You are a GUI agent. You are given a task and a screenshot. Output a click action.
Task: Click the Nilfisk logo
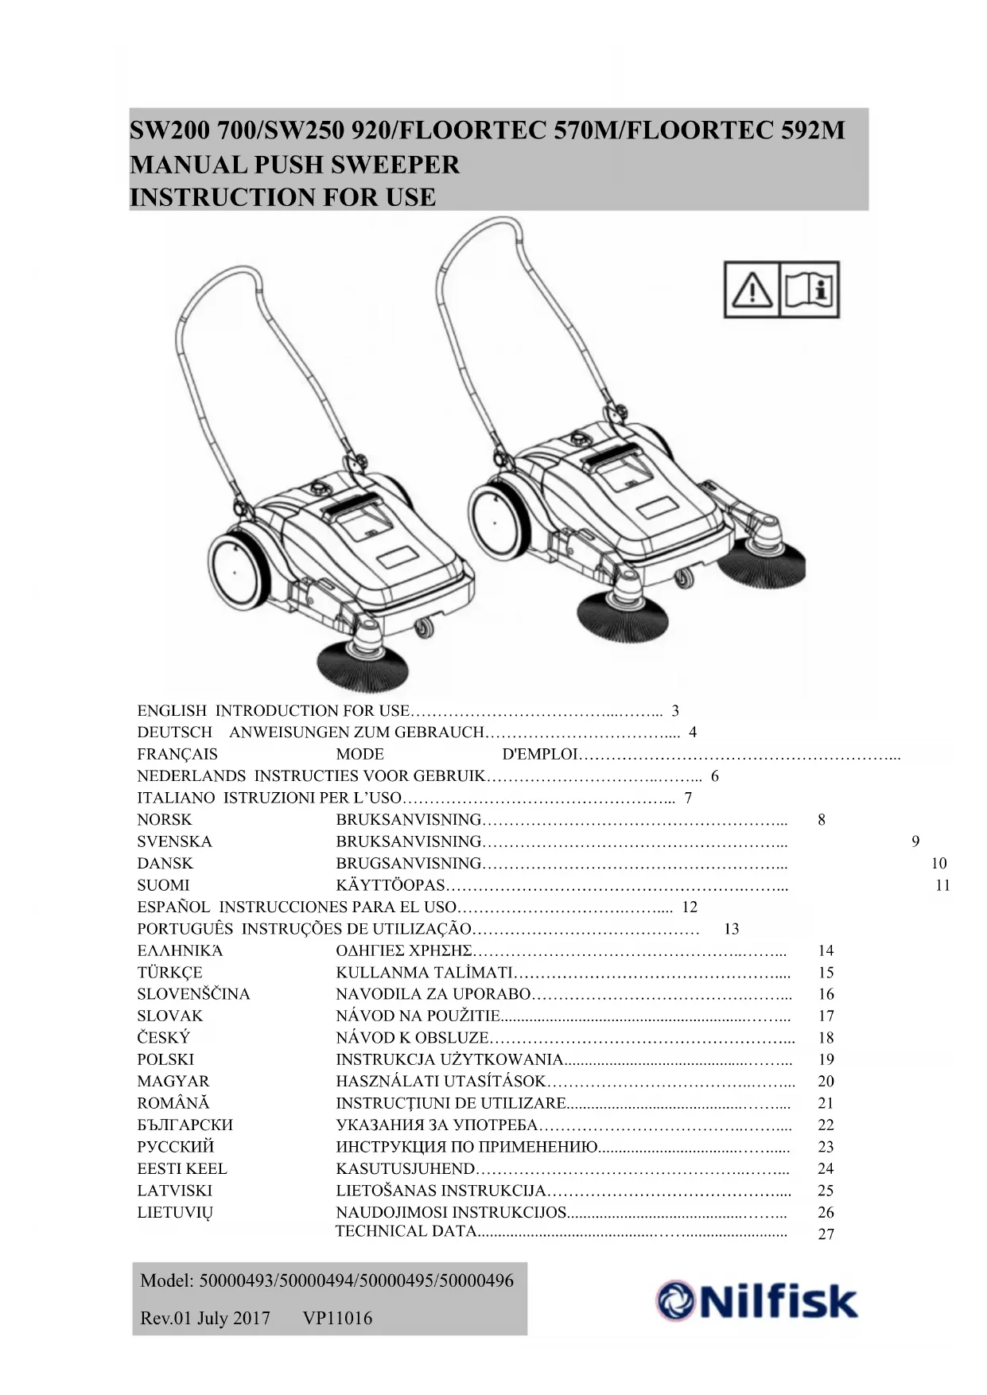click(x=756, y=1301)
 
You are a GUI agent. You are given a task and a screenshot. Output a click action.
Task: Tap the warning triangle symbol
click(x=751, y=289)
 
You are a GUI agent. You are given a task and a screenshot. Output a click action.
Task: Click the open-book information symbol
click(x=810, y=289)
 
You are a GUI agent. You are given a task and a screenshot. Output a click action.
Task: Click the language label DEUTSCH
click(x=174, y=732)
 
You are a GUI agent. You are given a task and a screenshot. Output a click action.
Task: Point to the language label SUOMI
click(x=163, y=885)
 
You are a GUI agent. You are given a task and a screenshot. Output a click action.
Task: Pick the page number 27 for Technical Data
click(x=826, y=1234)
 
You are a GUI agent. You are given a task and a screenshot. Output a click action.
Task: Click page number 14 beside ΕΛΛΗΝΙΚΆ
click(x=826, y=950)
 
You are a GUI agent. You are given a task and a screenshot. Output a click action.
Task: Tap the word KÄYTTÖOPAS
click(x=390, y=885)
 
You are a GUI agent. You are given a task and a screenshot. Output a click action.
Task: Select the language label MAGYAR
click(x=173, y=1082)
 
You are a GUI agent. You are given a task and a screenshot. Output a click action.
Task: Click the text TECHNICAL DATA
click(x=406, y=1231)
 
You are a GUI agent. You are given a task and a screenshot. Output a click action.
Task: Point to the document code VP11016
click(x=337, y=1319)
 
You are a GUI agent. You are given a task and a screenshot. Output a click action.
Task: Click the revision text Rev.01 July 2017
click(x=205, y=1319)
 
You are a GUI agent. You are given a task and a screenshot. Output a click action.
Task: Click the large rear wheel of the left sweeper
click(x=235, y=571)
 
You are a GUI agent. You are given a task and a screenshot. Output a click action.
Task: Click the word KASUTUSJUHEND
click(x=405, y=1169)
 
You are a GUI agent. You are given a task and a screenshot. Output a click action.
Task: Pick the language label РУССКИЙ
click(x=176, y=1147)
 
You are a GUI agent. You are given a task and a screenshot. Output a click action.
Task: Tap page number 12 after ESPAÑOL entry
click(x=690, y=907)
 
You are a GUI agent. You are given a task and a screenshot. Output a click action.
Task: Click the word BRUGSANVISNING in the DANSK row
click(x=409, y=864)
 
